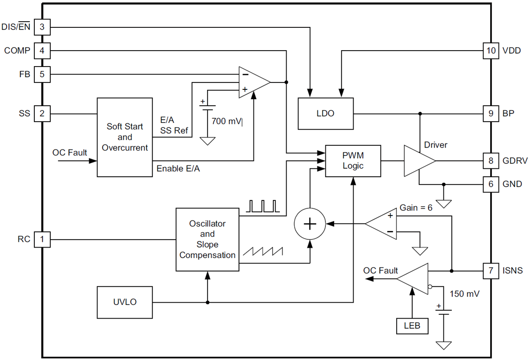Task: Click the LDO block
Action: pyautogui.click(x=326, y=114)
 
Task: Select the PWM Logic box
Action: pyautogui.click(x=353, y=161)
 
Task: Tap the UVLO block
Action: pyautogui.click(x=124, y=302)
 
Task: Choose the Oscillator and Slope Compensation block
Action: pyautogui.click(x=207, y=239)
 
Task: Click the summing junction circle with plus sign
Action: pyautogui.click(x=310, y=224)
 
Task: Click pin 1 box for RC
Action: pyautogui.click(x=42, y=240)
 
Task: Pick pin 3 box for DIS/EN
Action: pyautogui.click(x=42, y=27)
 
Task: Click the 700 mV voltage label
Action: pyautogui.click(x=227, y=121)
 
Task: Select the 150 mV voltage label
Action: pyautogui.click(x=464, y=293)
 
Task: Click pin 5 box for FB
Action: pyautogui.click(x=42, y=74)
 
